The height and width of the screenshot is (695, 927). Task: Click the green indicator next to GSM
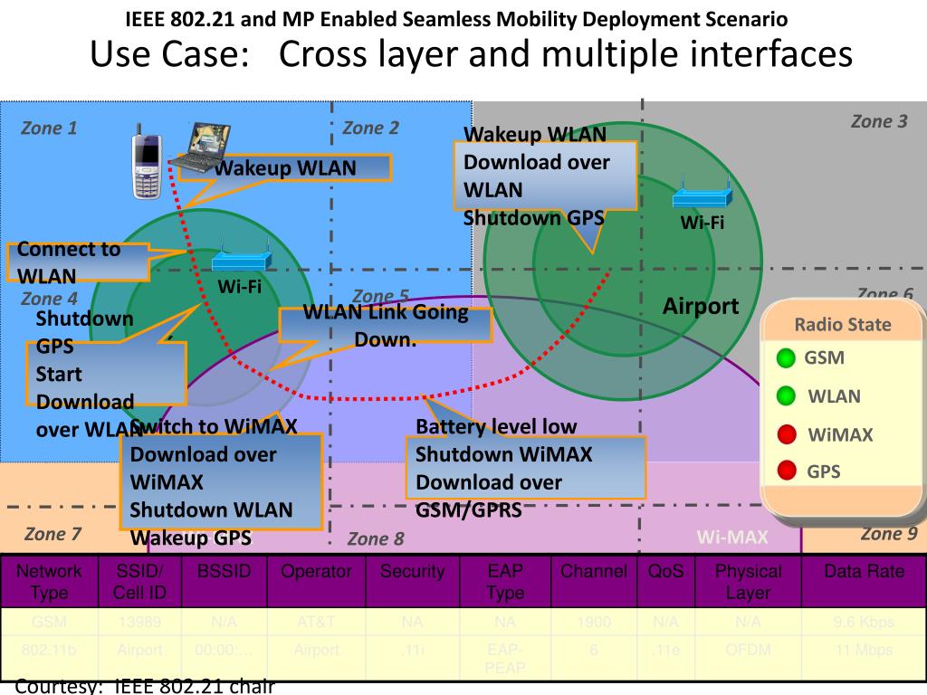click(787, 357)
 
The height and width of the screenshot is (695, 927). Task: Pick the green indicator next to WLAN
click(787, 395)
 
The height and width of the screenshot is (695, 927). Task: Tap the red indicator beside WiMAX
click(787, 433)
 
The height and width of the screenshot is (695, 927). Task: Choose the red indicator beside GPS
click(787, 471)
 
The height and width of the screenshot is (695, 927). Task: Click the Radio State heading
click(842, 324)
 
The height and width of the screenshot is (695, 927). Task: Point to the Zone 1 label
click(49, 128)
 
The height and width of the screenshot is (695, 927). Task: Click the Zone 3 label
click(878, 121)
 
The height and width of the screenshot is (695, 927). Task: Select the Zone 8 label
click(376, 539)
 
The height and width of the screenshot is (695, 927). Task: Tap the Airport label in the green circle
click(701, 306)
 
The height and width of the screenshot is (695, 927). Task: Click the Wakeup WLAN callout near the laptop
click(299, 168)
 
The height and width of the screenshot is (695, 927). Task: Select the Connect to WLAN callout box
click(77, 262)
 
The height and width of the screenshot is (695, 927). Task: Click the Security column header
click(412, 571)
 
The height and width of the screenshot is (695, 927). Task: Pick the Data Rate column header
click(864, 571)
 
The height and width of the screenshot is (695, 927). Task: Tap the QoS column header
click(666, 571)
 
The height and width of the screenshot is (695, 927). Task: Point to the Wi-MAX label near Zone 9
click(732, 538)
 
